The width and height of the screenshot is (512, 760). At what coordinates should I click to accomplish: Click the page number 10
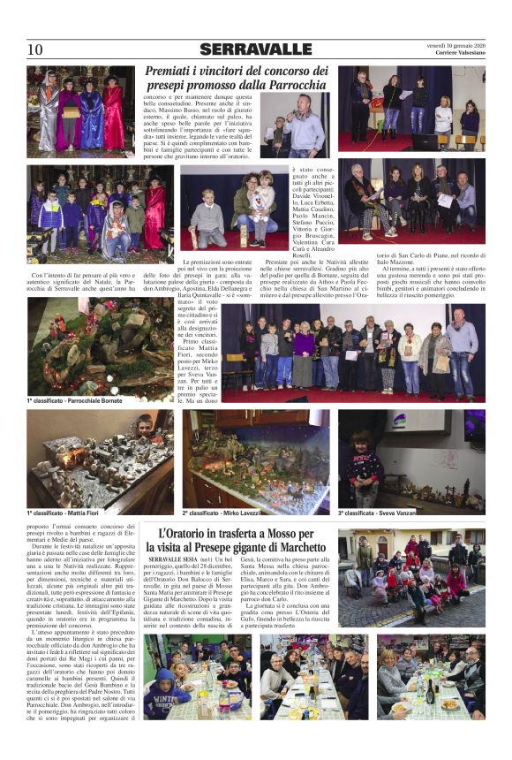coord(34,49)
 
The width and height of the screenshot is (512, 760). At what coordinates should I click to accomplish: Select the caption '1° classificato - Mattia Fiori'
coord(63,513)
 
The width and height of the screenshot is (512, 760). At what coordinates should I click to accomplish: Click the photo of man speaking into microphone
coord(295,125)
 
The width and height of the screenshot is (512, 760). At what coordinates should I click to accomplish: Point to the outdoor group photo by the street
coord(411,579)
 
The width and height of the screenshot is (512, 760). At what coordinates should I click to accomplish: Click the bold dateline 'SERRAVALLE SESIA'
coord(176,560)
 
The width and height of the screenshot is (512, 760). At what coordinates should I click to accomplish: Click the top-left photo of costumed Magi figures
coord(80,111)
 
